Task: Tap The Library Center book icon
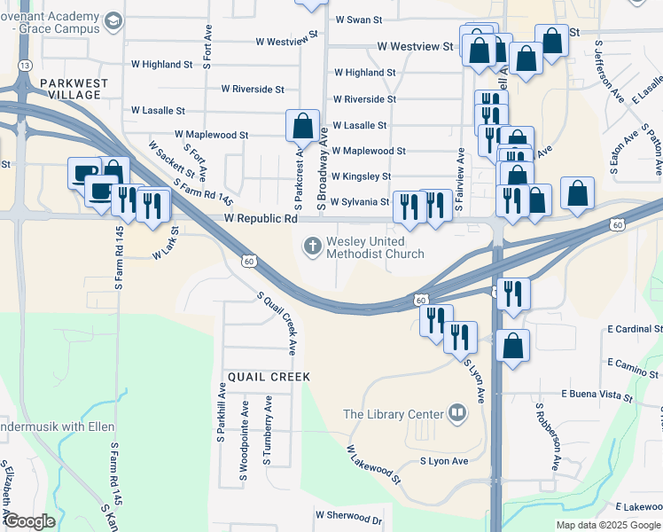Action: click(457, 412)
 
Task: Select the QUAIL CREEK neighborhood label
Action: click(269, 377)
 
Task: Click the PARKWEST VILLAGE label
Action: click(74, 90)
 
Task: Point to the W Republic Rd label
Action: click(261, 218)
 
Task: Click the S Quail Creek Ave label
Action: click(276, 322)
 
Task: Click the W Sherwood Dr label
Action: click(348, 515)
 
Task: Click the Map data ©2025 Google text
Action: click(608, 525)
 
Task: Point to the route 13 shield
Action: click(25, 66)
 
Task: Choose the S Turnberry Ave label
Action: click(266, 432)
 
